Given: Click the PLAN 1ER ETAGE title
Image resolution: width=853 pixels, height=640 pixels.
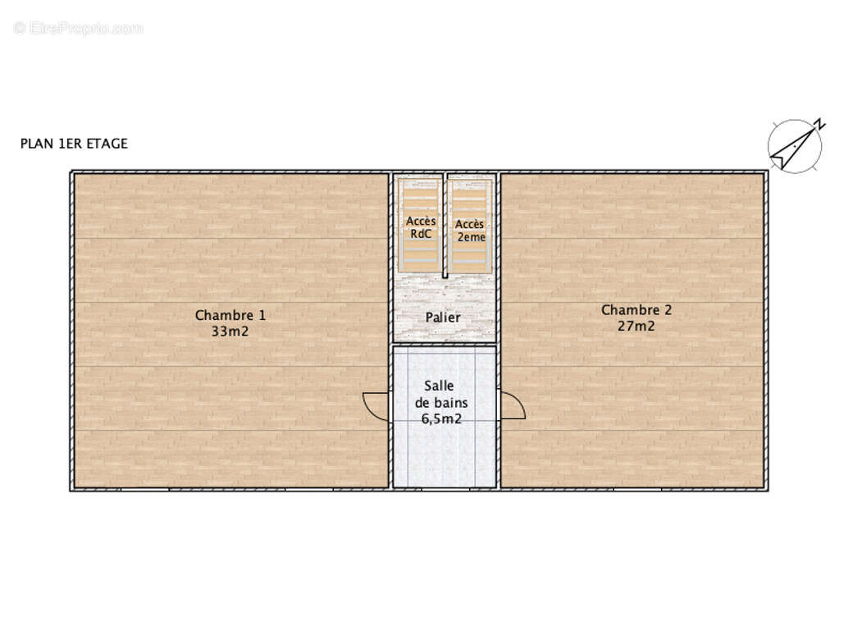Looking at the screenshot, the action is click(x=74, y=144).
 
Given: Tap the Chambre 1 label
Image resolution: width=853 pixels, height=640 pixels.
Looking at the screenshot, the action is click(x=230, y=315).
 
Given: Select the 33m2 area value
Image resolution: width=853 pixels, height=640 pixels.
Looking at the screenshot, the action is click(x=230, y=331).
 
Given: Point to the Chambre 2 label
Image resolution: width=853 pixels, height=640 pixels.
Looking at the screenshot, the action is click(x=636, y=309).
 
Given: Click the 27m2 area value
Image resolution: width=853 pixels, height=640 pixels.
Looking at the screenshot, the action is click(x=636, y=326).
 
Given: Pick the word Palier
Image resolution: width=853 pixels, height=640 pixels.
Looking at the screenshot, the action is click(x=443, y=318).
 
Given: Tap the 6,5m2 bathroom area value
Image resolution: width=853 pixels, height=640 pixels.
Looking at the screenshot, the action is click(x=441, y=418).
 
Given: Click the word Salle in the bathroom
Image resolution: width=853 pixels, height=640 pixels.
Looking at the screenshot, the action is click(x=439, y=386).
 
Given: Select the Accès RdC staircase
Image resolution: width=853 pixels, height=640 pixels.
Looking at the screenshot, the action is click(x=420, y=226).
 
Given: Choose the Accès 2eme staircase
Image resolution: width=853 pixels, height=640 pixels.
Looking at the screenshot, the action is click(x=470, y=226).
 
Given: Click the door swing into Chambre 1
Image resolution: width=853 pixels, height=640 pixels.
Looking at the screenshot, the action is click(x=376, y=406).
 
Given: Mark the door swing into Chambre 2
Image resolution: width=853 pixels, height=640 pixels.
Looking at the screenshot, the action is click(x=512, y=405).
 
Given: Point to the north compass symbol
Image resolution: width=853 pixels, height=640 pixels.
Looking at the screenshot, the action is click(x=796, y=145).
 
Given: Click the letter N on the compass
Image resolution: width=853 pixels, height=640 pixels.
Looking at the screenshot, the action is click(x=820, y=124).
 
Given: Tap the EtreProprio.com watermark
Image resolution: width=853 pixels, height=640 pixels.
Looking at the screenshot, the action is click(x=79, y=28).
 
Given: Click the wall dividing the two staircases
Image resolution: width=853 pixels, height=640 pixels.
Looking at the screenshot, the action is click(x=445, y=226).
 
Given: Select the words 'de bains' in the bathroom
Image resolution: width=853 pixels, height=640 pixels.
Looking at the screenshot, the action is click(x=441, y=403).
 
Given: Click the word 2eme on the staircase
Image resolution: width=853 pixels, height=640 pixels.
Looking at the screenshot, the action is click(x=471, y=237).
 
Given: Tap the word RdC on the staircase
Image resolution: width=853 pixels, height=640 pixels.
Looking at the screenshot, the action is click(x=421, y=234).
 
